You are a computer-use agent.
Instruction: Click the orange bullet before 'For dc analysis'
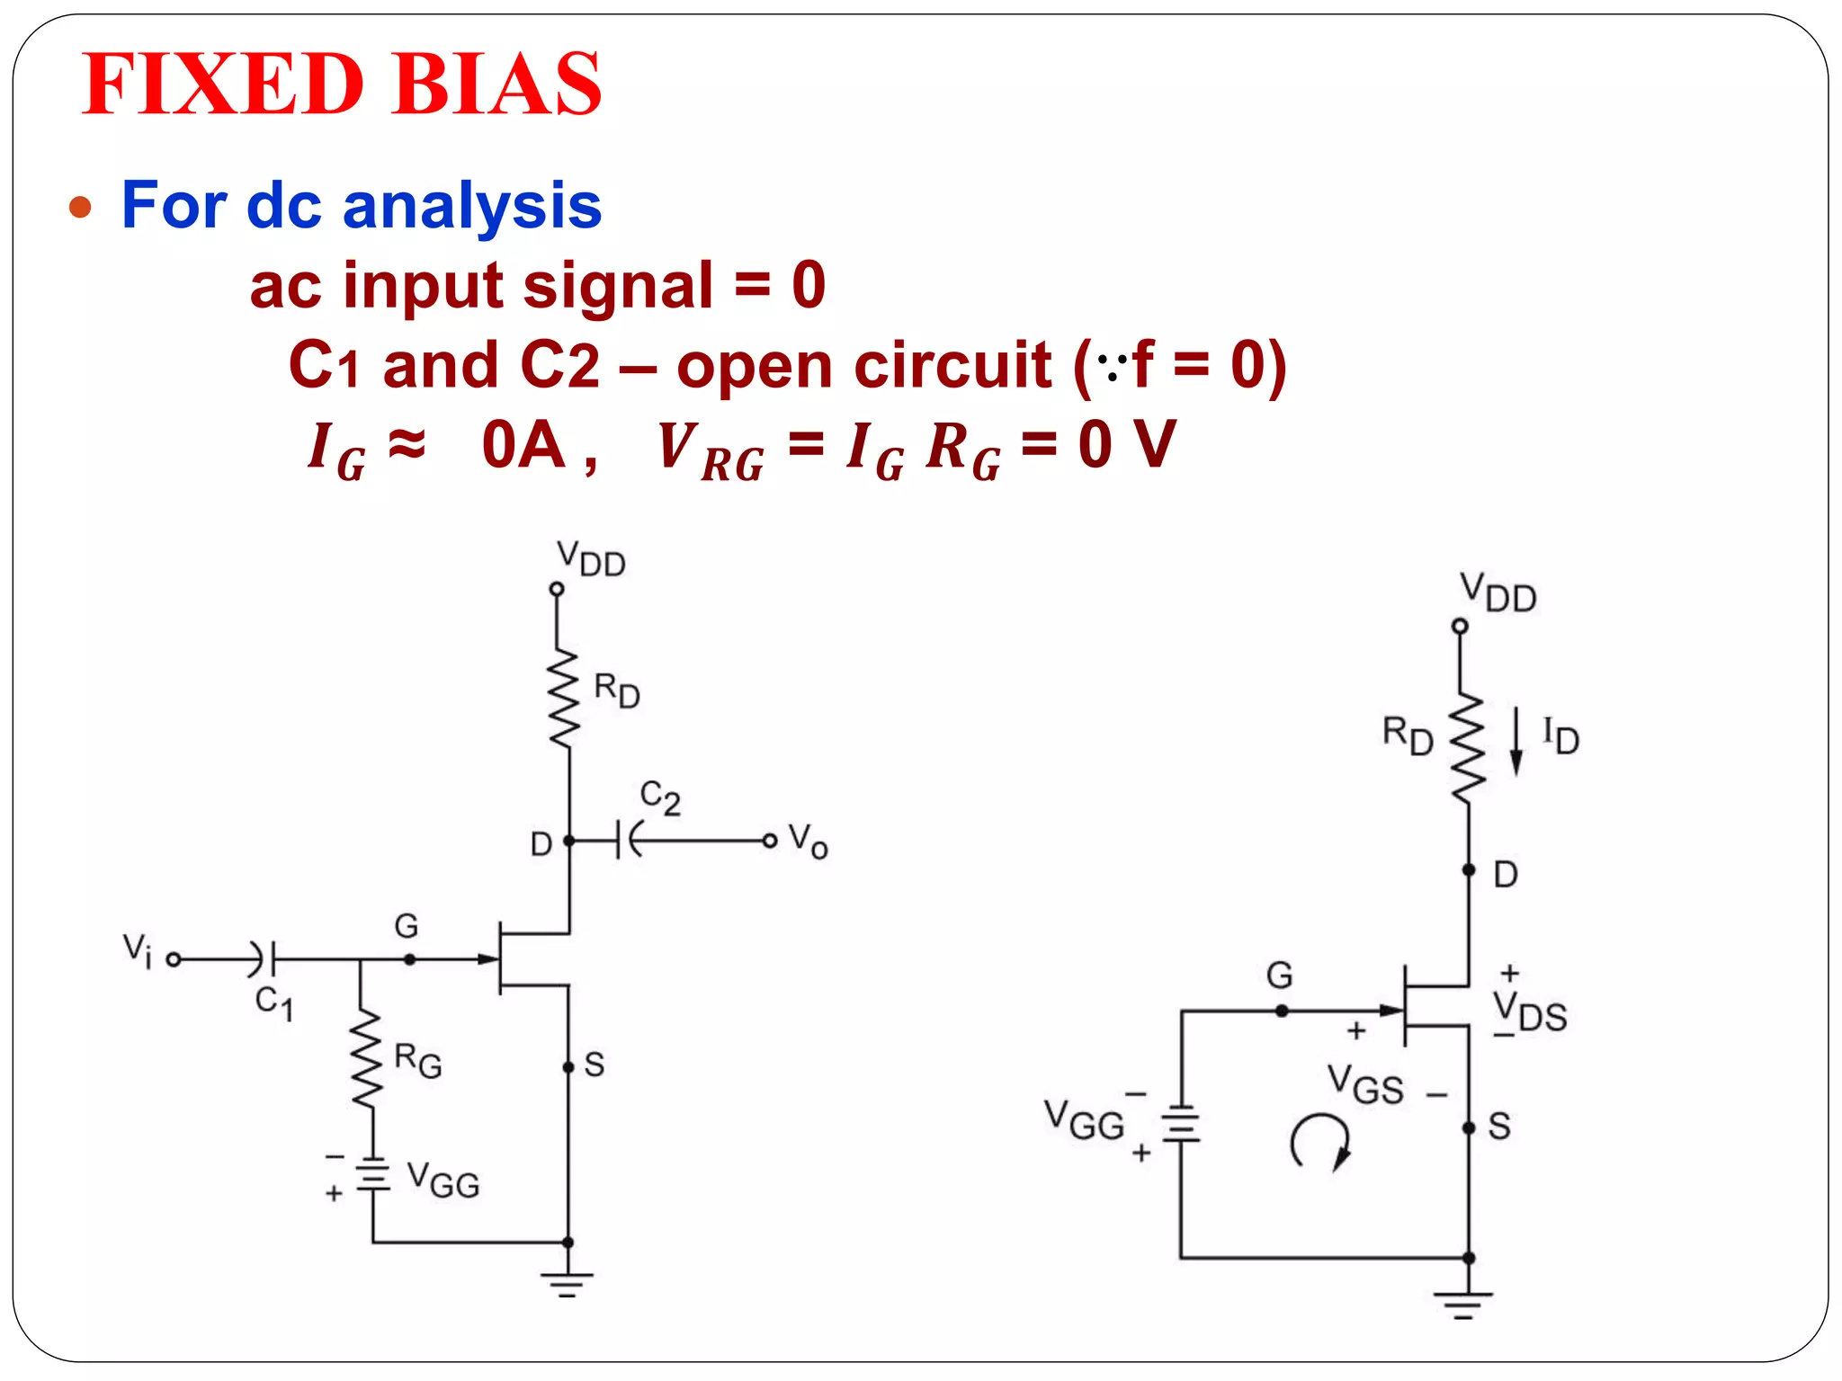click(81, 207)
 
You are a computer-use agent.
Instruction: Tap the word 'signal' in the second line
click(618, 286)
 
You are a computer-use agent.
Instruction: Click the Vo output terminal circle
click(769, 841)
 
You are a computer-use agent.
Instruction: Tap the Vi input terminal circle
click(174, 960)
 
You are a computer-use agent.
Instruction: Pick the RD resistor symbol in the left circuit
click(565, 699)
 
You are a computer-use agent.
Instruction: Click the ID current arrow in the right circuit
click(1516, 741)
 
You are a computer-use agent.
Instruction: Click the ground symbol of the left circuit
click(567, 1283)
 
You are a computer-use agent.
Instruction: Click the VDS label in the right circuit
click(1530, 1013)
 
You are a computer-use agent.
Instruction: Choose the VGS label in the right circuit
click(1365, 1086)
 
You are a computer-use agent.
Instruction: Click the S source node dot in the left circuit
click(568, 1067)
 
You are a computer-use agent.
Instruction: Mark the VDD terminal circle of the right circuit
click(1460, 626)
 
